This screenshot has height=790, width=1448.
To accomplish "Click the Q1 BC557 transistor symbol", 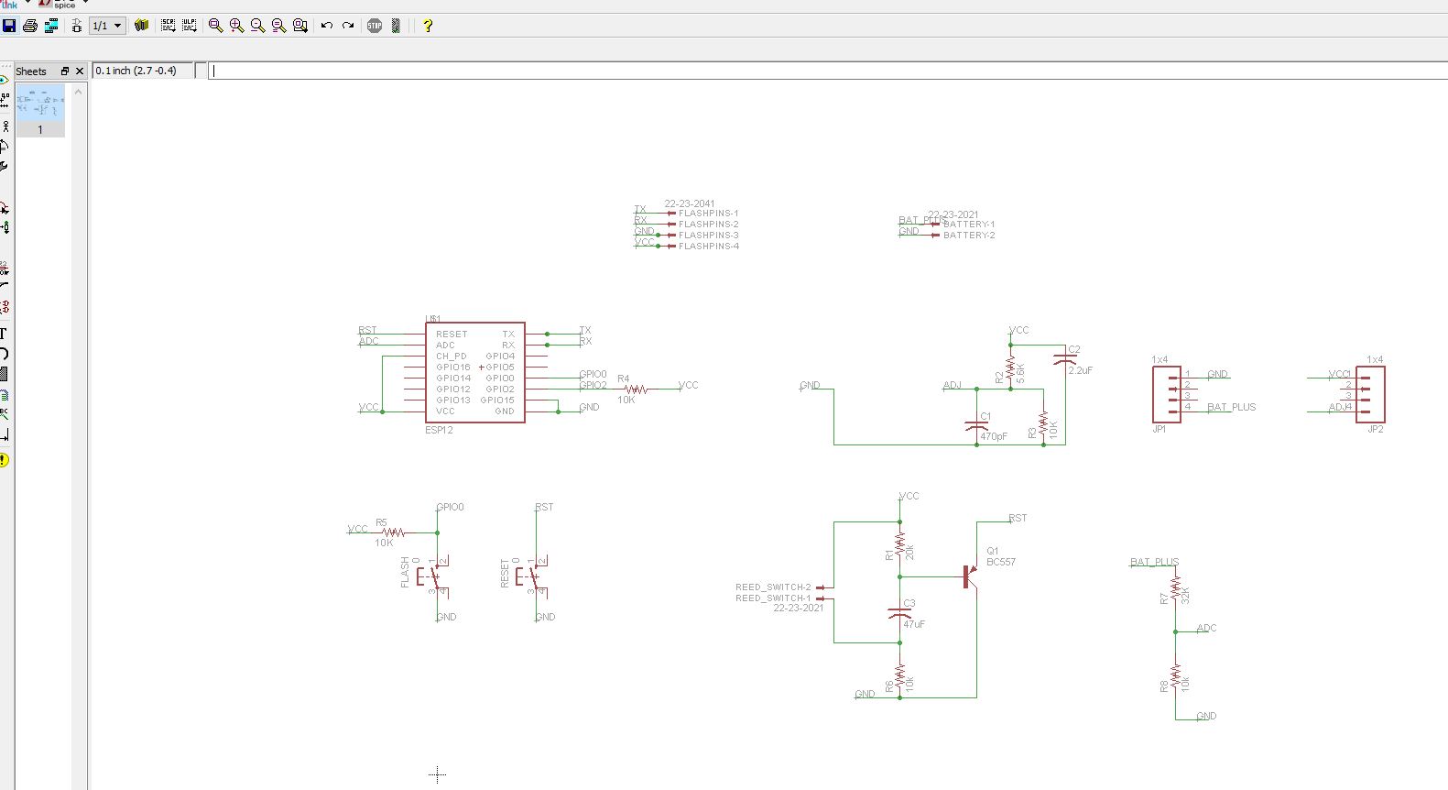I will [x=969, y=576].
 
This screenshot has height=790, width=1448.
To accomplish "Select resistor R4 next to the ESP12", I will [x=636, y=390].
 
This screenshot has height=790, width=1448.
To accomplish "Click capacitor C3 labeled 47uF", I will [x=899, y=613].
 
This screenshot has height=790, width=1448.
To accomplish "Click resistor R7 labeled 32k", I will [x=1175, y=591].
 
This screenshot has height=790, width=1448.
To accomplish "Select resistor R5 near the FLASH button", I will [x=393, y=532].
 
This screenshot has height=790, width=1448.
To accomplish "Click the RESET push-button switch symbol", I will [x=529, y=576].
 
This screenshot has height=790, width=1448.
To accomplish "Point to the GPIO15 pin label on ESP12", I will [x=496, y=400].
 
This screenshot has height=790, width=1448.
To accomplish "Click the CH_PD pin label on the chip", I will [x=451, y=357].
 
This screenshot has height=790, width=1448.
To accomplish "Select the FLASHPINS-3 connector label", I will [x=708, y=236].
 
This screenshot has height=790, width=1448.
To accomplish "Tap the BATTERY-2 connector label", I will [x=968, y=236].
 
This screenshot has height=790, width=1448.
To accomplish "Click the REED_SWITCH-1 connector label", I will [x=773, y=598].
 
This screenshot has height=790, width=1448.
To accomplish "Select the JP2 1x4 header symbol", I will [x=1371, y=394].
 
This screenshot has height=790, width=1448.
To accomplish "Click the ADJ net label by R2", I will [x=952, y=386].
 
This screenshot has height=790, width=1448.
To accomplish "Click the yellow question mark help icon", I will [x=427, y=26].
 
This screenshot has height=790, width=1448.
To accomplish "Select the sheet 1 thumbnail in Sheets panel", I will [x=40, y=103].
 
